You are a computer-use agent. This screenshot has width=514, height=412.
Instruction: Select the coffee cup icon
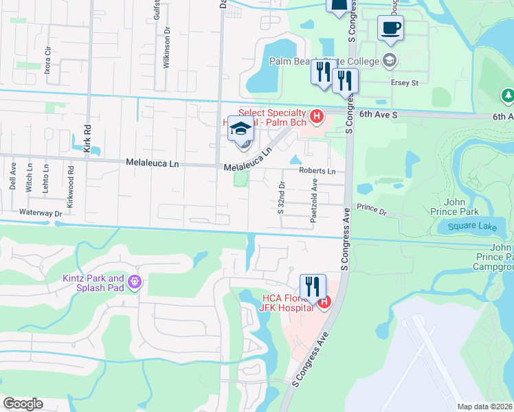[390, 28]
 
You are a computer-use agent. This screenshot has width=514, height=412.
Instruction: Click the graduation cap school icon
[241, 129]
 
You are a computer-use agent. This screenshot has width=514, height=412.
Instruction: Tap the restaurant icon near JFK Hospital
[313, 286]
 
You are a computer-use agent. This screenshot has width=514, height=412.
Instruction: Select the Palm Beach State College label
[324, 61]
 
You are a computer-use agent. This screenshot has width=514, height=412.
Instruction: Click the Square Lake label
[467, 226]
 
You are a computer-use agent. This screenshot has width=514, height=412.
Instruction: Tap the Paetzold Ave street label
[314, 196]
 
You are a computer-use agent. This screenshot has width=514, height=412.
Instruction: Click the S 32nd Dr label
[281, 198]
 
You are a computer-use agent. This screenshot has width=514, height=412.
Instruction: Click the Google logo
[23, 404]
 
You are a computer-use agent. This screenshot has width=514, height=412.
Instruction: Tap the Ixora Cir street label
[47, 60]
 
